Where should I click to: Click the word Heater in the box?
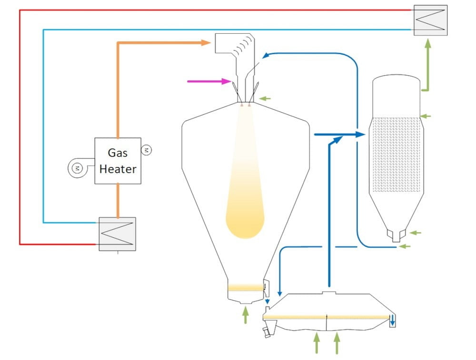[118, 169]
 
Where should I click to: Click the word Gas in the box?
[118, 153]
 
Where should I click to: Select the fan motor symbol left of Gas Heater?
[76, 167]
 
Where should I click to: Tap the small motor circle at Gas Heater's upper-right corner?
[147, 150]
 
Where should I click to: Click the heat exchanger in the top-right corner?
[430, 20]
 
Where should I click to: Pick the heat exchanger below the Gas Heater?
[117, 234]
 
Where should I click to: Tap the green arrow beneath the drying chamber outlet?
[246, 315]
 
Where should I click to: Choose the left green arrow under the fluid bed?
[316, 343]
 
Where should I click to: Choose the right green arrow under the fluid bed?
[337, 343]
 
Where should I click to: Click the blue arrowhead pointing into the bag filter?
[359, 135]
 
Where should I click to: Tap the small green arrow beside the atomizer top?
[265, 98]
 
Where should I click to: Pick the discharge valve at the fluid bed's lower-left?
[270, 330]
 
